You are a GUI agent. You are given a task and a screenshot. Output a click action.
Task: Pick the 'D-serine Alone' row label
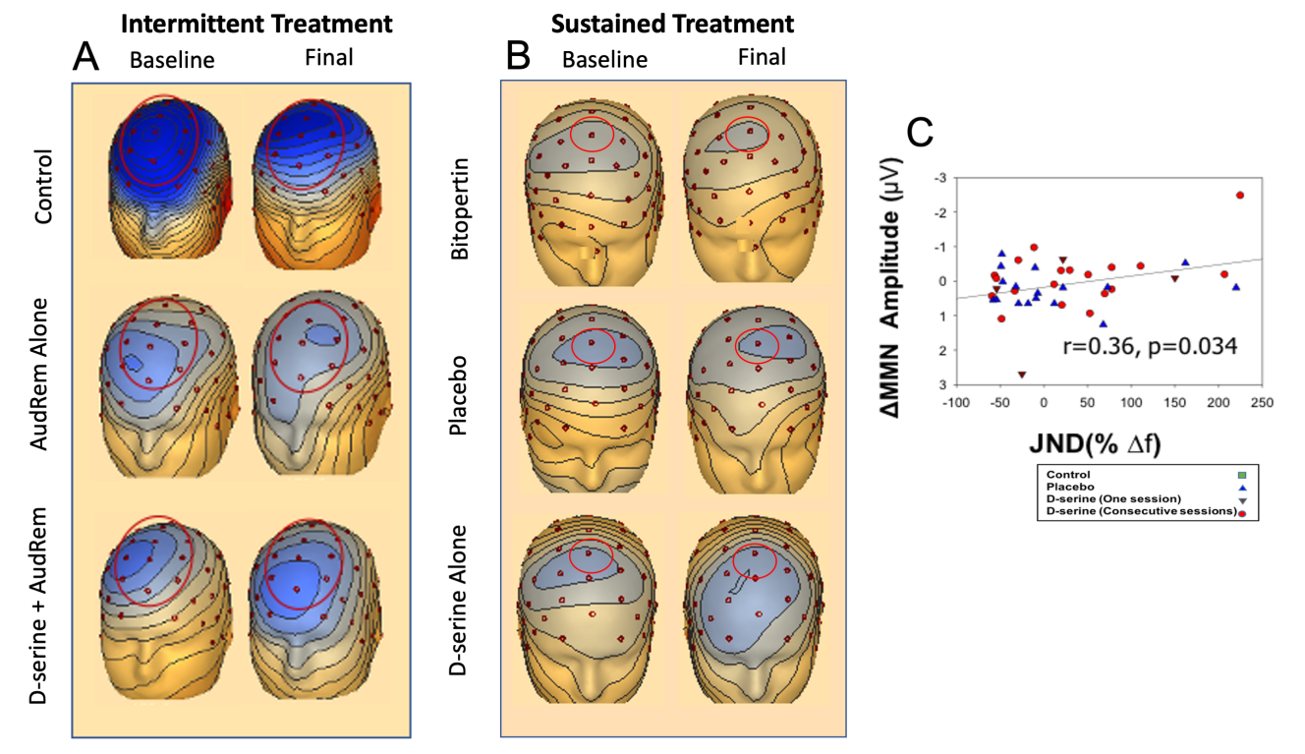coord(459,600)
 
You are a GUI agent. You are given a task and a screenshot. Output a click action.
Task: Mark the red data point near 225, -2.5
coord(1239,195)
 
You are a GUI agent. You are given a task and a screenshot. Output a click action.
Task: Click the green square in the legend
coord(1243,475)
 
